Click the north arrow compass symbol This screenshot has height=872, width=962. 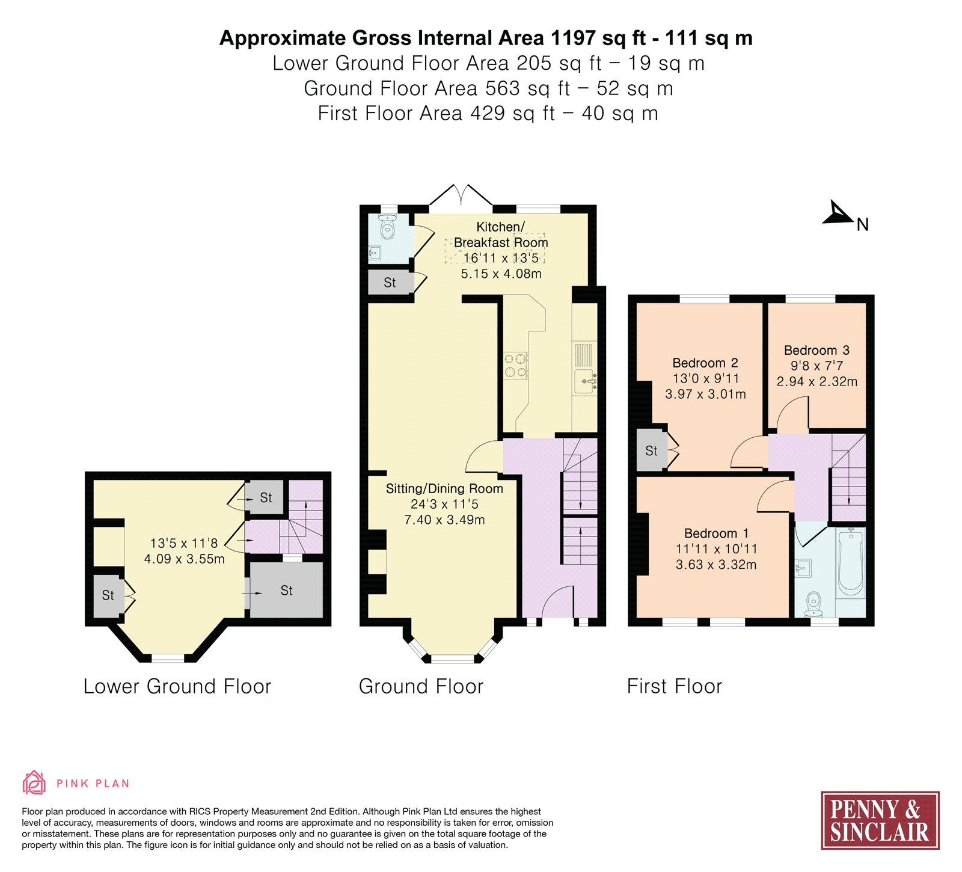[838, 213]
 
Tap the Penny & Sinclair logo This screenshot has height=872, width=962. [880, 820]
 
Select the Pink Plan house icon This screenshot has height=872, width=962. [34, 782]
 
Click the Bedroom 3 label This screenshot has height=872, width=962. [816, 350]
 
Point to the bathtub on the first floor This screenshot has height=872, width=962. [851, 562]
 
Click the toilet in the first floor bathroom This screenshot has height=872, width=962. [813, 604]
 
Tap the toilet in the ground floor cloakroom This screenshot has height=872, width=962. [388, 227]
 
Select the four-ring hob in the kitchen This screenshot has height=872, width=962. [516, 366]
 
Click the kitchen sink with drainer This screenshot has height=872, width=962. [585, 368]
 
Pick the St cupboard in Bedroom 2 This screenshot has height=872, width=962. [652, 450]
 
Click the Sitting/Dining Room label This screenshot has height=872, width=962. [444, 488]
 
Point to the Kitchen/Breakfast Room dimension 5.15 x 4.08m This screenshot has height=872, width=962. [501, 274]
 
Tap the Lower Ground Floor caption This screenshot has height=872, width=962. [177, 686]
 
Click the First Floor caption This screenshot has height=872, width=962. [675, 686]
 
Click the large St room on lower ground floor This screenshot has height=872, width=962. [287, 590]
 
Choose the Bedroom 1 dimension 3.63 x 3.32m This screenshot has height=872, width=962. [716, 565]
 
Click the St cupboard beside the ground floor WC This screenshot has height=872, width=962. [390, 283]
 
